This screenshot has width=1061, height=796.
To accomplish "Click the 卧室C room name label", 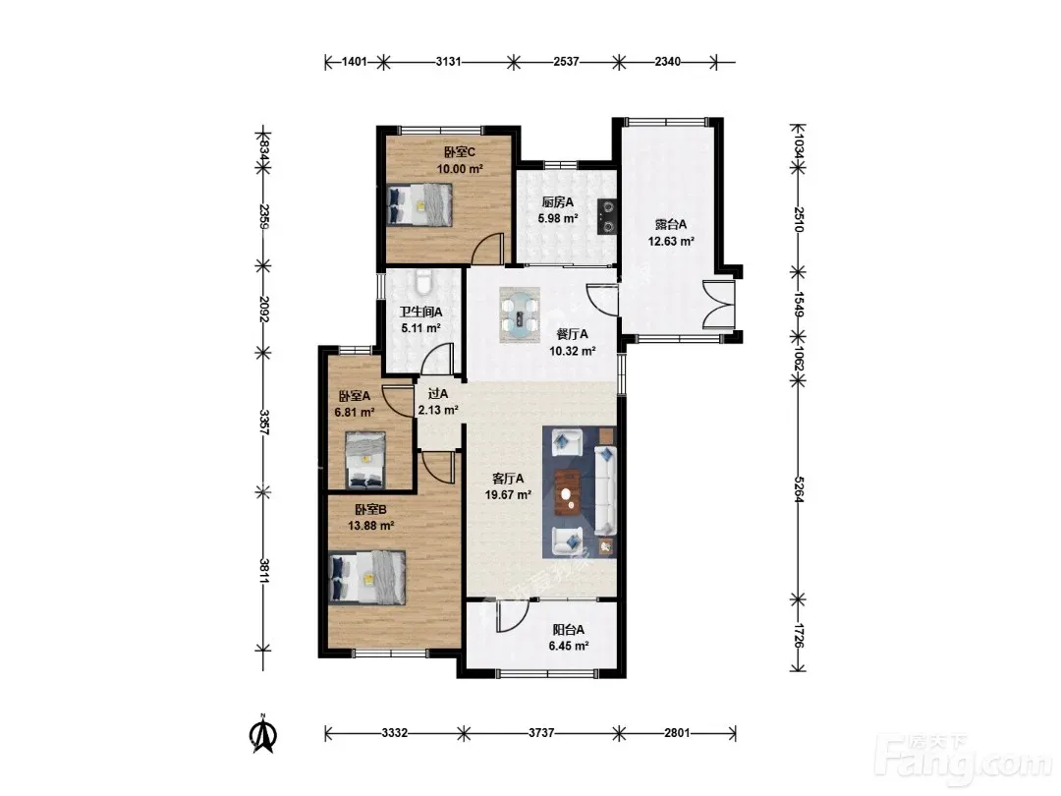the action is [x=460, y=152].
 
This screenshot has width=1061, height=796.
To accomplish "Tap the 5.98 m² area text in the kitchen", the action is [x=558, y=218].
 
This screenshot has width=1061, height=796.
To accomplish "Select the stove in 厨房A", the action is [x=608, y=216].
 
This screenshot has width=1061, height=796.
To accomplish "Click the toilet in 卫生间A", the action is [x=423, y=282].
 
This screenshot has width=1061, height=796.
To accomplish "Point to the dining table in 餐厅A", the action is [x=520, y=314].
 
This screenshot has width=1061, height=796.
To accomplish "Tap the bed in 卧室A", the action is [x=365, y=460].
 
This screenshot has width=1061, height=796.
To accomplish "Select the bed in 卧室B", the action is [x=366, y=578].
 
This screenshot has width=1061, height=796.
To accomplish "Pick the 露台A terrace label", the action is [x=671, y=225].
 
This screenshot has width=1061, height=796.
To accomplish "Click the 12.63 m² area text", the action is [x=671, y=241].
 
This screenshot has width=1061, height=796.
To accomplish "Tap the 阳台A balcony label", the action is [x=569, y=630].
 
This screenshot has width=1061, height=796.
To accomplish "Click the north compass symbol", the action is [x=264, y=734].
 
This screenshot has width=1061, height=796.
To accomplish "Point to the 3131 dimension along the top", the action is [x=449, y=62].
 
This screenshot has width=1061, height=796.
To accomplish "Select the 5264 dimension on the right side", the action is [x=799, y=488].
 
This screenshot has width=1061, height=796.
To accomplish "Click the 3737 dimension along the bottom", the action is [x=541, y=732].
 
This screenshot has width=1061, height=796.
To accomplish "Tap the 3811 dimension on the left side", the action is [x=264, y=571].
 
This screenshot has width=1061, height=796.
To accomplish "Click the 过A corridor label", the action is [x=438, y=393].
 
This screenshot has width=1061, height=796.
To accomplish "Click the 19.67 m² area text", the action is [x=508, y=494].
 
